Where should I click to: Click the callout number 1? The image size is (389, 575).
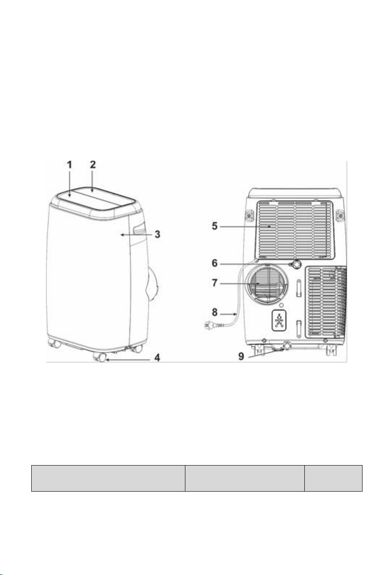point(69,165)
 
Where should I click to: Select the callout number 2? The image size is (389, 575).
point(93,165)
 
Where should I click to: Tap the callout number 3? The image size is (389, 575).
point(157,234)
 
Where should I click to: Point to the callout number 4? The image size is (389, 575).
point(157,357)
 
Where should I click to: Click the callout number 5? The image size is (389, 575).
point(214,226)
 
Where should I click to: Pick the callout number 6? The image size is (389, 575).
point(214,263)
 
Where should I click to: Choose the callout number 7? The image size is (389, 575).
point(214,283)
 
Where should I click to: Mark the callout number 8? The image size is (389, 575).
point(214,312)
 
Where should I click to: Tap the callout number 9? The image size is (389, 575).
point(241,356)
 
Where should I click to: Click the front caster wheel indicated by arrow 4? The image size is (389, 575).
point(100,357)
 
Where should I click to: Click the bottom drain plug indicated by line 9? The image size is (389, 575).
point(287,346)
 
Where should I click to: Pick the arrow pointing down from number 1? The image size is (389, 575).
point(69,184)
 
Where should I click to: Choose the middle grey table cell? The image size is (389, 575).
point(245,478)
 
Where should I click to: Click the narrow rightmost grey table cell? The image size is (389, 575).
point(333,478)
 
